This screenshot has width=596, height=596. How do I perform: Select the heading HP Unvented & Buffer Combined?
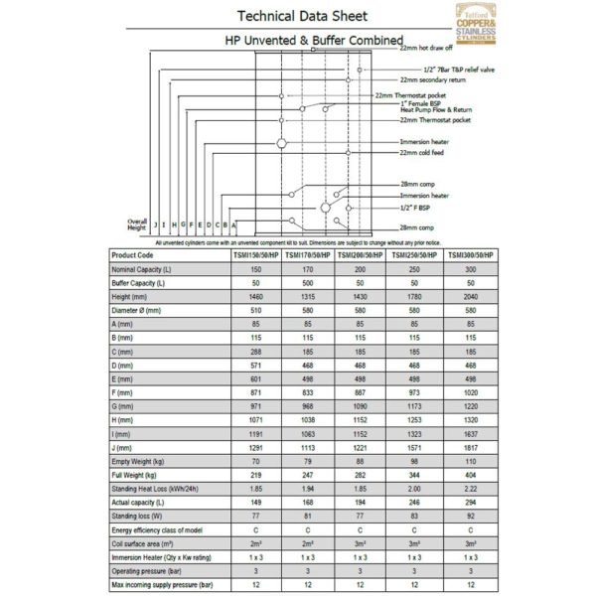(x=298, y=42)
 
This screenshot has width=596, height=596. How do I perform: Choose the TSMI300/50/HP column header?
(x=470, y=254)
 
